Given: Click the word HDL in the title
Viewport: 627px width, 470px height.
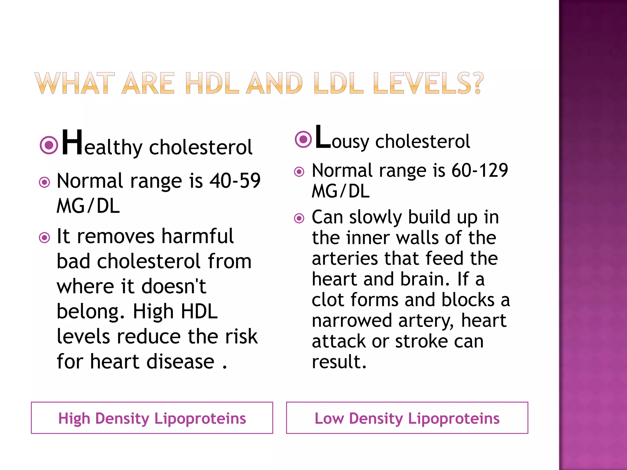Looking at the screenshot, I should point(212,83).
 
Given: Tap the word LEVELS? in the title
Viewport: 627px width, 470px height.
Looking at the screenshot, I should point(428,83).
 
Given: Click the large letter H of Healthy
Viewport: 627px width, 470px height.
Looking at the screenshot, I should point(72,143).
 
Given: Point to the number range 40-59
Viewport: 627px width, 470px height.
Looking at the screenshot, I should point(235,181).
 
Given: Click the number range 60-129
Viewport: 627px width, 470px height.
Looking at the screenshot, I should point(479,170).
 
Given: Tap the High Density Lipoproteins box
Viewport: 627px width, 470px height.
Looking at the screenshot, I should point(152,418).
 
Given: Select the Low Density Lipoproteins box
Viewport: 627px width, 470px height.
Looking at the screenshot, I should point(407,418).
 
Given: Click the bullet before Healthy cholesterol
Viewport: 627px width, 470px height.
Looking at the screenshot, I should point(49,145).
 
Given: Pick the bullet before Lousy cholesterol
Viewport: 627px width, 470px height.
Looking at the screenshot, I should point(303,139).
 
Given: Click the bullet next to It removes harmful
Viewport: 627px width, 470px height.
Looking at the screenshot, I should point(45,237).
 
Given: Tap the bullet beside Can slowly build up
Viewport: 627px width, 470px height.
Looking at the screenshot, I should point(299,218).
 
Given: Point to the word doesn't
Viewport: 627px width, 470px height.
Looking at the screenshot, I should point(174,287).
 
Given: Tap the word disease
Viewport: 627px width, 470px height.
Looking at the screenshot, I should point(180,362).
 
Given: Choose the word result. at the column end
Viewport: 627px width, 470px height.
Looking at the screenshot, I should point(339,362).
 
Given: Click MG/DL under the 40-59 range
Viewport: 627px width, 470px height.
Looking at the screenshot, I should point(88,206).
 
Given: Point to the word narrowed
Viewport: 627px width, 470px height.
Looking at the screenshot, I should point(352,321).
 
